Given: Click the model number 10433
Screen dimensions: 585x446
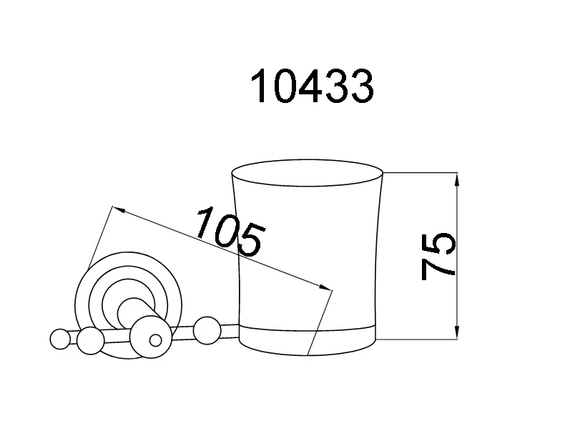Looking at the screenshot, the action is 312,86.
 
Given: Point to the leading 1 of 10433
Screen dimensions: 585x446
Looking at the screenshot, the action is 260,86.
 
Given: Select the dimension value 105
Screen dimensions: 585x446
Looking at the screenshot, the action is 230,232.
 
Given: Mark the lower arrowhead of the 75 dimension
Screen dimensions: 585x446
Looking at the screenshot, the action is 457,332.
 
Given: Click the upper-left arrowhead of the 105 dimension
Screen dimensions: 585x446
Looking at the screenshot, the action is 119,209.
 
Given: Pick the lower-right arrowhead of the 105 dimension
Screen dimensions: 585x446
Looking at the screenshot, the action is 325,287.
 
